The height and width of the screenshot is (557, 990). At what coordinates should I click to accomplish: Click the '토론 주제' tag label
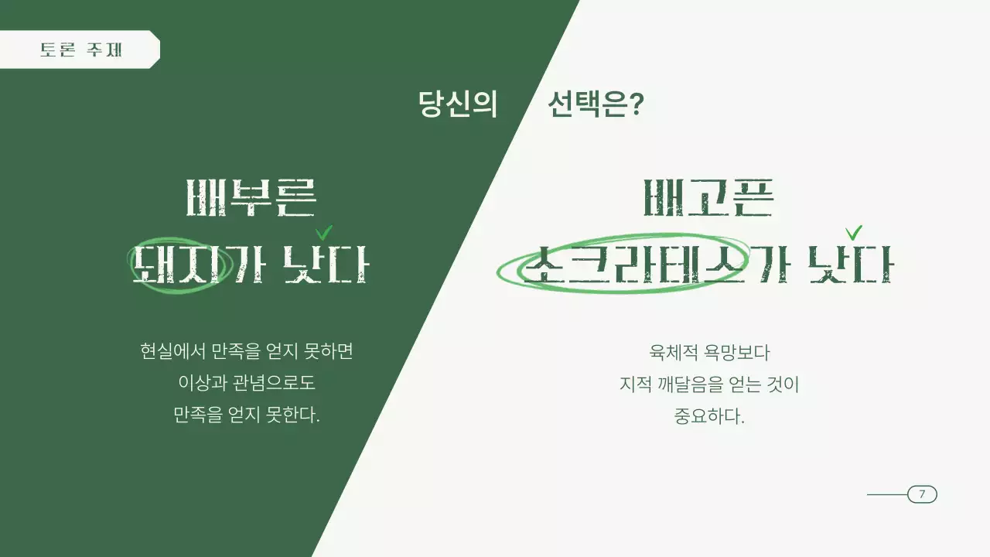[81, 50]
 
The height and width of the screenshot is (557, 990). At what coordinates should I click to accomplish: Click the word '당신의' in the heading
[457, 104]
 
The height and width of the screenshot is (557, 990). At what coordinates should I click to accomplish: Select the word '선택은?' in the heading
[596, 104]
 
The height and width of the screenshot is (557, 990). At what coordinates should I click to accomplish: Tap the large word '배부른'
[251, 198]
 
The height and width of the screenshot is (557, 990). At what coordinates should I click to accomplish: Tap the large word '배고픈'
[708, 198]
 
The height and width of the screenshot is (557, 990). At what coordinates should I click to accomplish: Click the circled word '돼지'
[179, 265]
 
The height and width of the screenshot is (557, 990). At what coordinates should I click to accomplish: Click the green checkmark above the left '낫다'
[324, 232]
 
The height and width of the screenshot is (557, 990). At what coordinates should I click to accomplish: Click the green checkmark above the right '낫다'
[854, 232]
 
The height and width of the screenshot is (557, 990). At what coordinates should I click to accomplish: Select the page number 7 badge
[922, 494]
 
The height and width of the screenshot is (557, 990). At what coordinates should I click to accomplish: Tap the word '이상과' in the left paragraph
[200, 383]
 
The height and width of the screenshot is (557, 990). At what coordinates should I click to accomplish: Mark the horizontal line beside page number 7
[886, 494]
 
